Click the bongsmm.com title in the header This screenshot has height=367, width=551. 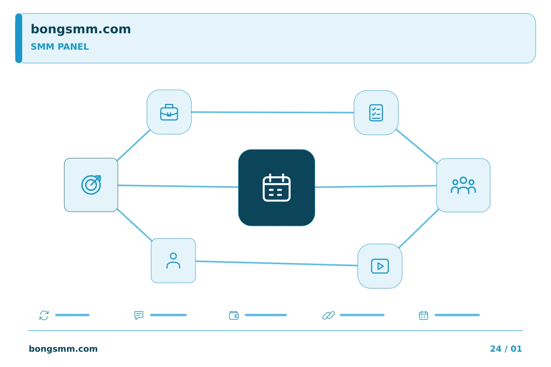pos(81,29)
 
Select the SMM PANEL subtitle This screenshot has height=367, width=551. pos(60,47)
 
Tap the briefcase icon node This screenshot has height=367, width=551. pos(169,112)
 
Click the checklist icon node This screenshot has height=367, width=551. pos(376,112)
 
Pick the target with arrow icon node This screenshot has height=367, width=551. pos(91,185)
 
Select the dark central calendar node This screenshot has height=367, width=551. pos(277,188)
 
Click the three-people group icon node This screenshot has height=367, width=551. pos(463,185)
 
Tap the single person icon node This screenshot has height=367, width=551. pos(173,261)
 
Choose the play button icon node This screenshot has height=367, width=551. pos(380,266)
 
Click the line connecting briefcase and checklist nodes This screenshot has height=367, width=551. pos(272,112)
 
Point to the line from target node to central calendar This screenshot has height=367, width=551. pos(178,186)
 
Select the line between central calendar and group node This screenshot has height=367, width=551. pos(376,186)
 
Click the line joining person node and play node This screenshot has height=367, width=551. pos(277,263)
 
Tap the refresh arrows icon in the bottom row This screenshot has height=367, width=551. pos(44,315)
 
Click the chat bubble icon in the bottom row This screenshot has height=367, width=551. pos(139,315)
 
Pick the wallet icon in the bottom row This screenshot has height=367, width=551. pos(234,315)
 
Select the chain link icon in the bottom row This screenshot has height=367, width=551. pos(329,315)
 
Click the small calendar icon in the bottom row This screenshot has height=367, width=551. pos(423,315)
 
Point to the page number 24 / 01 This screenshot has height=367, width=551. pos(506,349)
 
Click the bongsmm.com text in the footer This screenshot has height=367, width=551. pos(63,349)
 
